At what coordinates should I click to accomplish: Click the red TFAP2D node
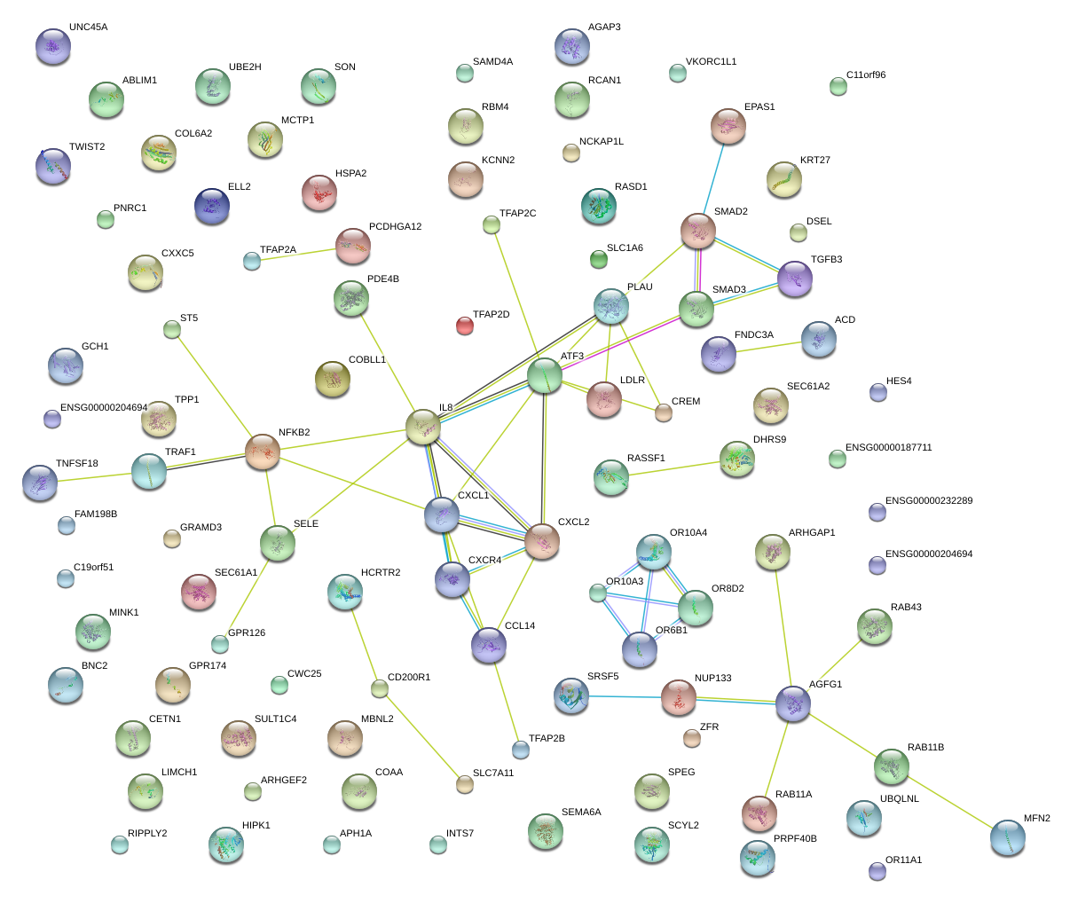[x=465, y=326]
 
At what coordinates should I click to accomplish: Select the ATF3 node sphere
[x=545, y=376]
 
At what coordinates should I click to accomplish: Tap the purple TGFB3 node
[x=795, y=279]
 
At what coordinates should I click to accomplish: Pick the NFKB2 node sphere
[x=263, y=452]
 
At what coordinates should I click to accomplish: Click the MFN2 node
[x=1007, y=836]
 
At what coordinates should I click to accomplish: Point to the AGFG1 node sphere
[x=792, y=703]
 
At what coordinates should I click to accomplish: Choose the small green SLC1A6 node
[x=599, y=259]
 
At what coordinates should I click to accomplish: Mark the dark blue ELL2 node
[x=211, y=206]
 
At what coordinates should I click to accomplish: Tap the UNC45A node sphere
[x=52, y=46]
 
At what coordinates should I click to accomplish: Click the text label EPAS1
[x=759, y=107]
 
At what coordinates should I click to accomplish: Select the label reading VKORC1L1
[x=711, y=62]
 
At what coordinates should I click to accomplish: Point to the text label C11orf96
[x=865, y=75]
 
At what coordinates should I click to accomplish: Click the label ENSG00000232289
[x=928, y=501]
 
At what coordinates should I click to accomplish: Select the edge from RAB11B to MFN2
[x=949, y=802]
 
